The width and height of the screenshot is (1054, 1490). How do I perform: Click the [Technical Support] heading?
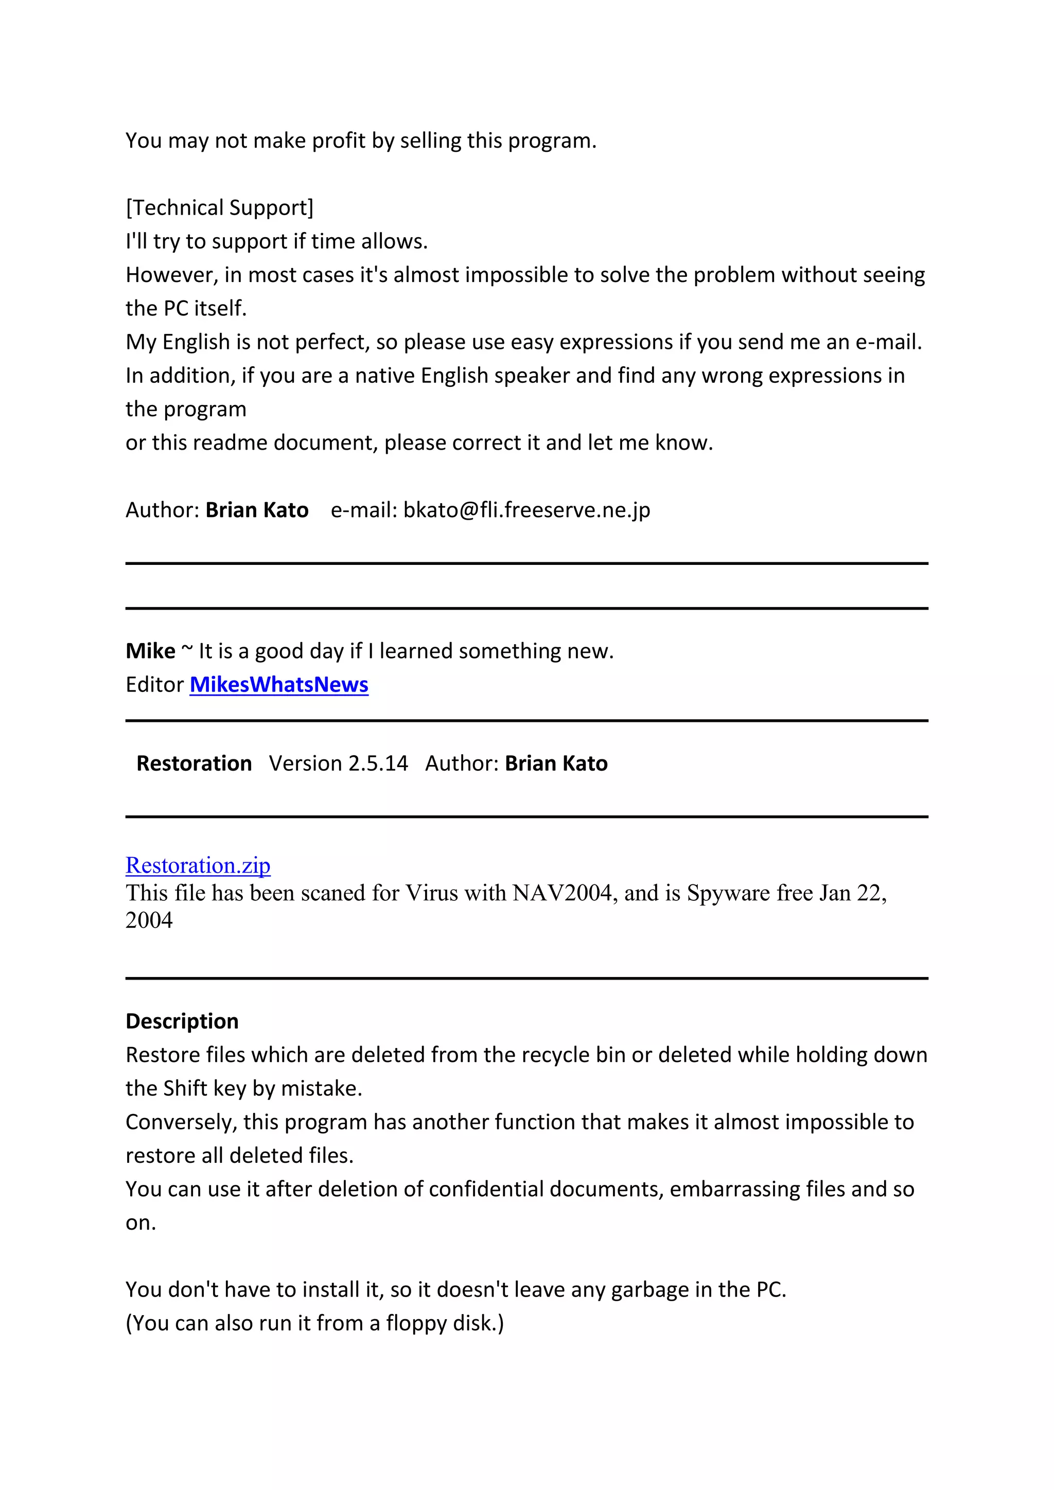(219, 208)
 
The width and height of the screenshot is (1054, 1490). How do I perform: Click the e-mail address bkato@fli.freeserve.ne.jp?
(526, 510)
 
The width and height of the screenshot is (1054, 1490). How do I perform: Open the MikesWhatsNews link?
(278, 685)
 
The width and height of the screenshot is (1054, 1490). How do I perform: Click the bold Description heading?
(182, 1021)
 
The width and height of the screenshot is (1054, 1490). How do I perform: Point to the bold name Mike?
(150, 651)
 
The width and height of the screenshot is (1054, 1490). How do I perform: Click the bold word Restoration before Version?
(194, 763)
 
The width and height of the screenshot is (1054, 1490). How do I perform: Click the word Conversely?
(181, 1122)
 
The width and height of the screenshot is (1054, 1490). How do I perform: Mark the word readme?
(231, 442)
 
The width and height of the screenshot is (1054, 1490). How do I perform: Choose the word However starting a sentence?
(171, 275)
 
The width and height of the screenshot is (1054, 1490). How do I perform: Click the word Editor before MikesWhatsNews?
(154, 685)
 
